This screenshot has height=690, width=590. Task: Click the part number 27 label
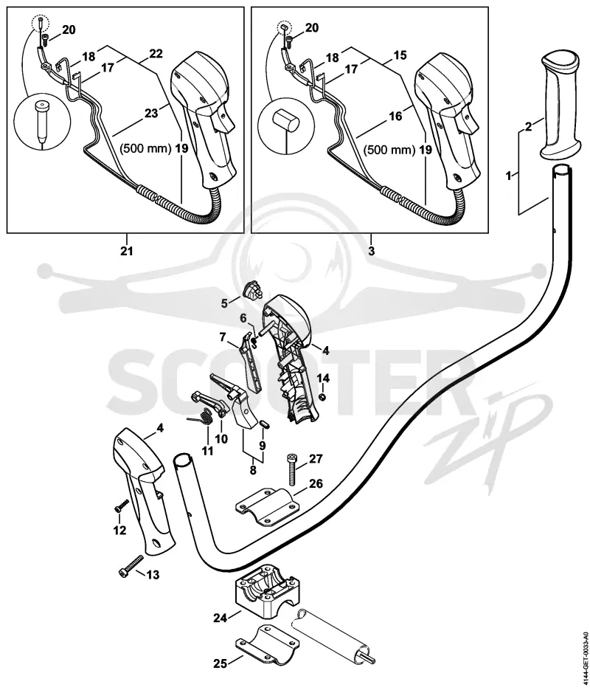coord(316,459)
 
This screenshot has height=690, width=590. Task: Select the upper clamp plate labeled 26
coord(267,506)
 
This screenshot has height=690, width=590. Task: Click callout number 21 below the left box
coord(127,251)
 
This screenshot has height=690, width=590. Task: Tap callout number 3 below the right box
coord(372,251)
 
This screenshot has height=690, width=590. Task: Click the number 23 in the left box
coord(150,113)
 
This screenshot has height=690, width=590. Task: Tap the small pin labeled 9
coord(264,424)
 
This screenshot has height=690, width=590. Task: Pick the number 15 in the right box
coord(400,55)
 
